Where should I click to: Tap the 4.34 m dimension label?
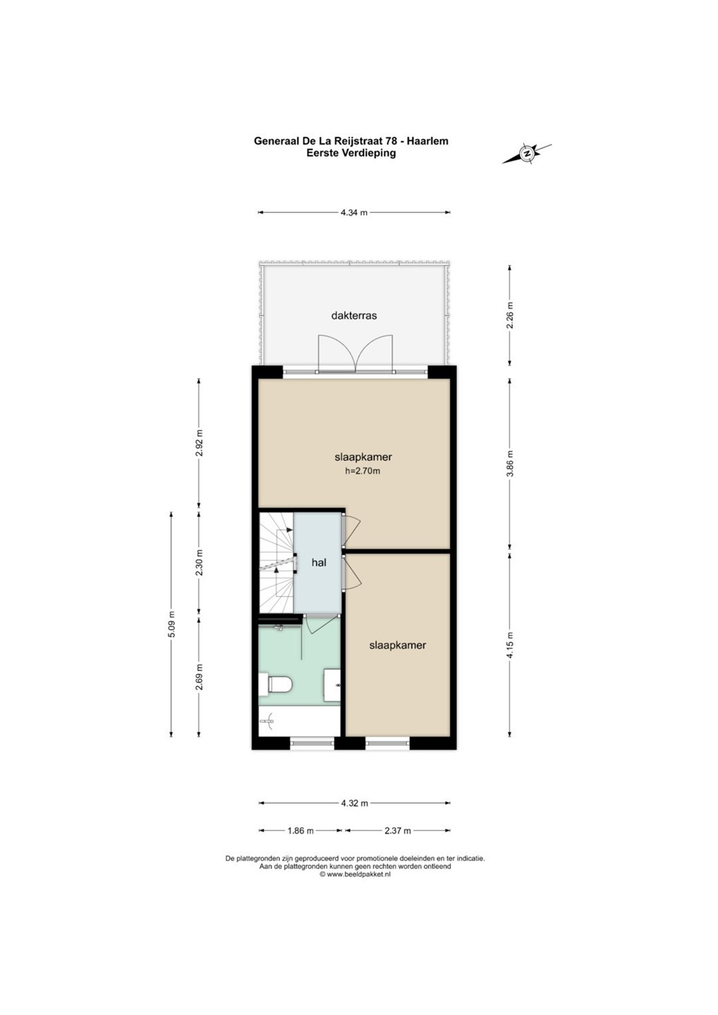[354, 213]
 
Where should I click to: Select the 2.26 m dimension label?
[510, 315]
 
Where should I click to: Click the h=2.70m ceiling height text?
[363, 471]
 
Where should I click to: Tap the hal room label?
[319, 562]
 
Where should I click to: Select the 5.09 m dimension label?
[171, 625]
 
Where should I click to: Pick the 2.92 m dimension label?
[199, 443]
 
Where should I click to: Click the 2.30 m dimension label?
[199, 562]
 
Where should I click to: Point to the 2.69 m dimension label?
[199, 677]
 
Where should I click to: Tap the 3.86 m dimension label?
[510, 464]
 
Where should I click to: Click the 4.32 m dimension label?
[355, 804]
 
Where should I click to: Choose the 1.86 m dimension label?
[301, 830]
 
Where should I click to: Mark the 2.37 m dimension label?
[398, 830]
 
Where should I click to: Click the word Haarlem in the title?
[427, 141]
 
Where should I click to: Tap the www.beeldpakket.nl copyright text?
[355, 875]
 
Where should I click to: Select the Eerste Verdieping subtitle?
[351, 153]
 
